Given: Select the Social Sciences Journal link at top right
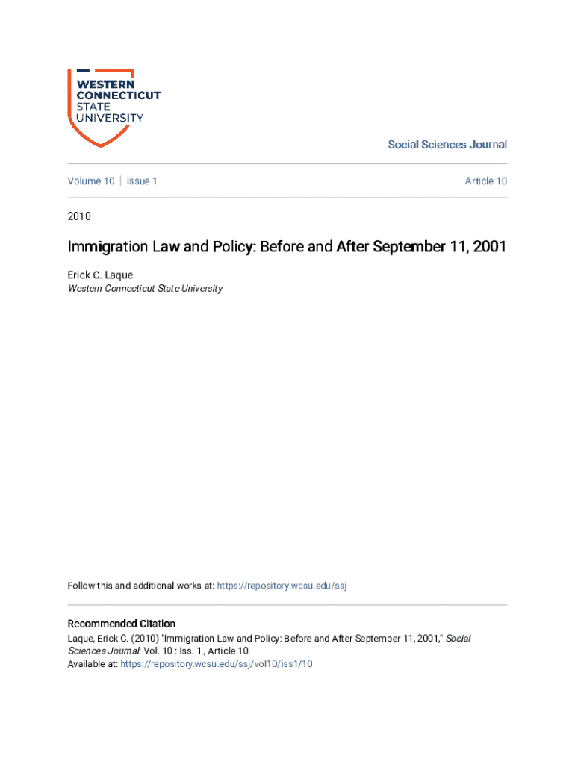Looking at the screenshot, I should click(x=447, y=145).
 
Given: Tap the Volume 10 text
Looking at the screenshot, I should click(x=91, y=181).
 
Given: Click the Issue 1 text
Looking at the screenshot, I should click(x=142, y=181).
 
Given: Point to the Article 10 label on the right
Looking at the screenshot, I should click(x=485, y=181).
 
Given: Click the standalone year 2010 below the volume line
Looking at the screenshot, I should click(x=79, y=216).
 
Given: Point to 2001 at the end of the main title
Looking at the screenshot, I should click(x=488, y=247).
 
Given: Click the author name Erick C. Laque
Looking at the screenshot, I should click(x=100, y=275).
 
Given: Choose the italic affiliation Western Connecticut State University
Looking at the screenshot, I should click(x=145, y=289).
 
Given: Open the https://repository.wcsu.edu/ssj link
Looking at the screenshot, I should click(x=282, y=586).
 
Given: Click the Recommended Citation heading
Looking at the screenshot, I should click(x=122, y=624).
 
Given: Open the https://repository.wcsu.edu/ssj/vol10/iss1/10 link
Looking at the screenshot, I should click(x=216, y=664).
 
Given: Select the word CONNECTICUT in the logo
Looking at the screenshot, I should click(x=119, y=95).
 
